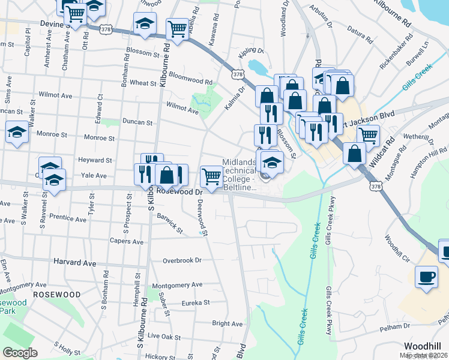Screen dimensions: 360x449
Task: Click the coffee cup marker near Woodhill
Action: (427, 277)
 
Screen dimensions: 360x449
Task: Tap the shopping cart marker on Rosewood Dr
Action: (211, 176)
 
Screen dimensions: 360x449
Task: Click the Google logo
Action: (20, 352)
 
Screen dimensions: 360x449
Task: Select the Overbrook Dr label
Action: (182, 260)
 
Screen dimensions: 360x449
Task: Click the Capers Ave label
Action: (126, 241)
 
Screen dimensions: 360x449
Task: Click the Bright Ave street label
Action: (227, 323)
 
